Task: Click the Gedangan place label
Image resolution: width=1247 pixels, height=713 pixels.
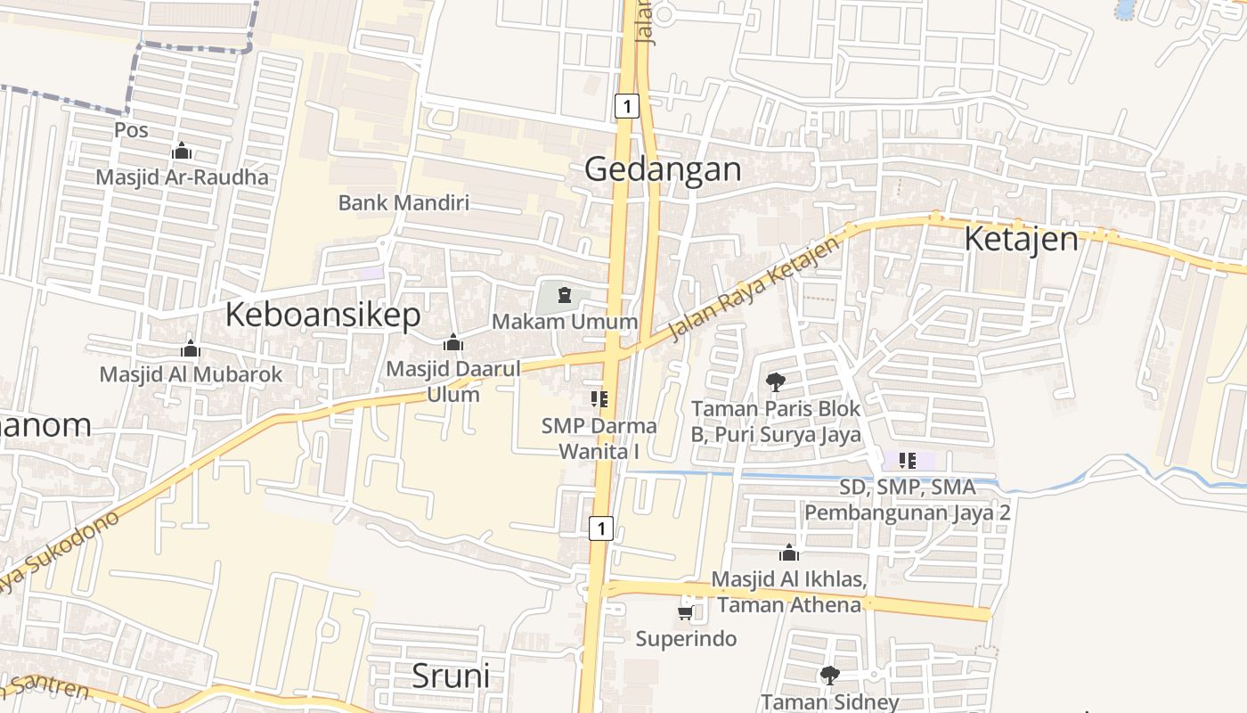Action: point(663,168)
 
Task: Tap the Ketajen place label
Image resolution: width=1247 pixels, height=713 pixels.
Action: point(1021,239)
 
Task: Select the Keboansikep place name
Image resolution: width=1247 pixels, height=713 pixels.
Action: point(322,315)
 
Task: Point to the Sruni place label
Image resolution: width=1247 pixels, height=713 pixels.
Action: point(451,676)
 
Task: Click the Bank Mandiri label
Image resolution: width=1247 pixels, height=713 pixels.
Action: point(403,202)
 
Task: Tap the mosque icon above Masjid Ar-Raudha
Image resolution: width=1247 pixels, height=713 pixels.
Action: point(182,151)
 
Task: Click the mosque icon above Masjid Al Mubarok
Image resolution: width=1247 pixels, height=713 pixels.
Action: point(190,348)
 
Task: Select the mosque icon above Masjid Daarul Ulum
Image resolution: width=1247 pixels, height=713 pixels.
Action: point(452,342)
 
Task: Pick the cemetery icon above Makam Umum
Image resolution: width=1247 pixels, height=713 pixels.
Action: point(564,294)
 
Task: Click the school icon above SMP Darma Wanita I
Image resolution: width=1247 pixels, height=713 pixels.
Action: point(599,398)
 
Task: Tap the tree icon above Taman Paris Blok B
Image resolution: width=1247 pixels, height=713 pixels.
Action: point(776,382)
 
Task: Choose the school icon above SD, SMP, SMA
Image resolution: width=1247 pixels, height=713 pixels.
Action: point(907,461)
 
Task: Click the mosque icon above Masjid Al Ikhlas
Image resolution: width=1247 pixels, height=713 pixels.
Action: point(788,553)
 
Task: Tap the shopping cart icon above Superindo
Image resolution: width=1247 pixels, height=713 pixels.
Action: point(685,612)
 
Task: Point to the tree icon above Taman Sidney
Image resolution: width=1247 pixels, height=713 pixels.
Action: point(829,675)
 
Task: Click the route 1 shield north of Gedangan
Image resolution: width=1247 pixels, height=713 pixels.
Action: point(627,107)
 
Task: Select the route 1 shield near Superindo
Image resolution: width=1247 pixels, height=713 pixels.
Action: point(601,529)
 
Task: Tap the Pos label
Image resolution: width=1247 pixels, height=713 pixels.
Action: point(131,130)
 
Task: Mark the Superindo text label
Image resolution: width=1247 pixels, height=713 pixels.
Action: point(686,638)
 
